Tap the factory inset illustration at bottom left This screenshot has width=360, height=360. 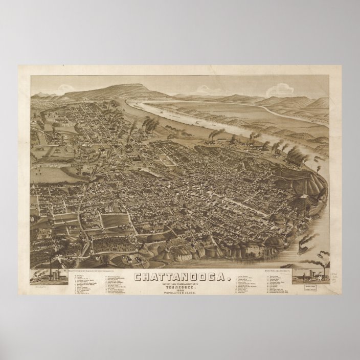coord(47,277)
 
